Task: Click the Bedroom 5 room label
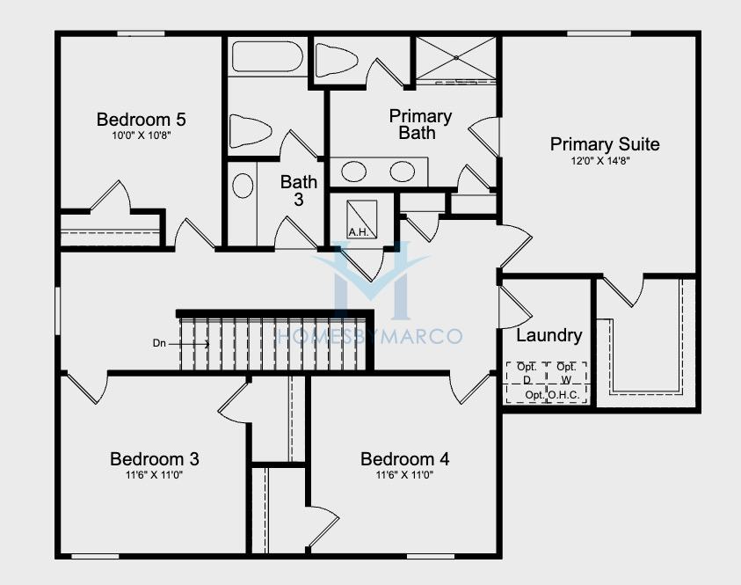point(141,119)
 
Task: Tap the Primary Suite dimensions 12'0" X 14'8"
point(600,161)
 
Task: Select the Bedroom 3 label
point(154,458)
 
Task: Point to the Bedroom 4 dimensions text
point(404,475)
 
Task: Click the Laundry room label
point(548,335)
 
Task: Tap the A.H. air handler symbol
point(362,219)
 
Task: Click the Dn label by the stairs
point(159,343)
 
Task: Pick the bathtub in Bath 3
point(266,57)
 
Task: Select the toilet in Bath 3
point(250,130)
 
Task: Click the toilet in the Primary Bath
point(336,60)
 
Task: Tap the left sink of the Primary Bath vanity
point(353,172)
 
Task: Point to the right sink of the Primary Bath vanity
point(403,172)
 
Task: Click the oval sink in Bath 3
point(243,186)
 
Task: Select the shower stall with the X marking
point(455,59)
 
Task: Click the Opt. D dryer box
point(527,383)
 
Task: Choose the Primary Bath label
point(420,124)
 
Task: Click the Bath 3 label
point(299,191)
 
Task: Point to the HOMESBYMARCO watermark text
point(368,336)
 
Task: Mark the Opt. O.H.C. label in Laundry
point(552,395)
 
